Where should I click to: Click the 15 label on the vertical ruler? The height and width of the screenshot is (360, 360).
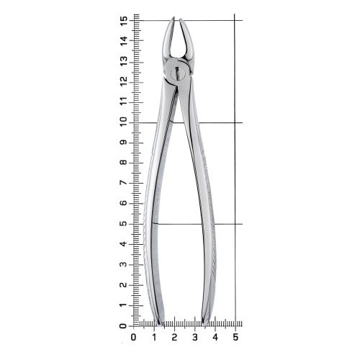(125, 22)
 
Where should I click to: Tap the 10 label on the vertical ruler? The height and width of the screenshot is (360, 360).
(125, 123)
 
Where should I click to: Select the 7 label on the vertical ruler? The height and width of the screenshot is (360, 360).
(125, 184)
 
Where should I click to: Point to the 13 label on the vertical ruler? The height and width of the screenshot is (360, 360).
(125, 62)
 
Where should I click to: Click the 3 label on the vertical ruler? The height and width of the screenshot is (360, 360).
(125, 265)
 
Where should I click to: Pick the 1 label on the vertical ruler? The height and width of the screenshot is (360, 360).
(125, 305)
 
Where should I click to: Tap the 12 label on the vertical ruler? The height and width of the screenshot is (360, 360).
(125, 82)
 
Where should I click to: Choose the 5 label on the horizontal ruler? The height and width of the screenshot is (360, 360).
(235, 337)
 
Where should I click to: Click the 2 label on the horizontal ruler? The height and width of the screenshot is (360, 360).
(174, 337)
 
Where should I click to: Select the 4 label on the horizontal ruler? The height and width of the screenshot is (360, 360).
(215, 337)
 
